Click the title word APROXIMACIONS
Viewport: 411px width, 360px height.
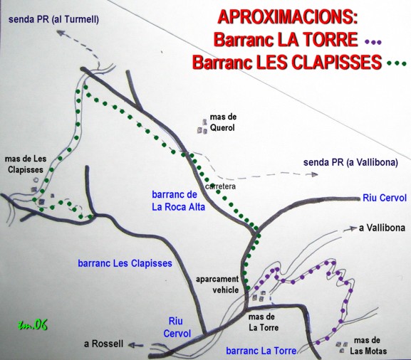point(288,18)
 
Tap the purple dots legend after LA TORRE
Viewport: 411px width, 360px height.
point(373,42)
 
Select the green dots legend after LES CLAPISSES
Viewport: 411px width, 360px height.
point(397,63)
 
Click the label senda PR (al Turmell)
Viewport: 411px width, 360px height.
point(53,20)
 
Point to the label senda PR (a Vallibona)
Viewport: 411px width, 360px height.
point(350,163)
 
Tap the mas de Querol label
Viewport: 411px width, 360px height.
point(223,122)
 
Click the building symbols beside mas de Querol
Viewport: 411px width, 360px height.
point(202,127)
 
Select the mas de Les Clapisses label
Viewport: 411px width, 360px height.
point(26,164)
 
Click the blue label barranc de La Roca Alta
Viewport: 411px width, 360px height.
point(179,201)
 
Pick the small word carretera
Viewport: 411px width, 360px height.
point(220,186)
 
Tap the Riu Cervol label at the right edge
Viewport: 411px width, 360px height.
point(385,198)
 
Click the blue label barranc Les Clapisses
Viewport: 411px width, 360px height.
point(125,263)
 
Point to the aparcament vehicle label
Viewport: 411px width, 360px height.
point(217,285)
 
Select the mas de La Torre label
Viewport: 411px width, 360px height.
point(264,322)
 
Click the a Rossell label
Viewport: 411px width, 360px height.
point(103,344)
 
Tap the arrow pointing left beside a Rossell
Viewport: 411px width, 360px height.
point(136,345)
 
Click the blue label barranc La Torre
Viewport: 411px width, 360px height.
point(261,351)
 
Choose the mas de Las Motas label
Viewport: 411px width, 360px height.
point(368,346)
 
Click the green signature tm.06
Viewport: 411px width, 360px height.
point(33,325)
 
